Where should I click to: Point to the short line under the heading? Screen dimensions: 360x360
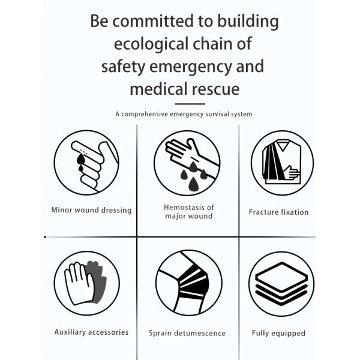point(184,104)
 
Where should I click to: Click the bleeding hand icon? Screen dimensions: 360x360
point(187,163)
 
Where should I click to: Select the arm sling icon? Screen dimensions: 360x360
point(282,163)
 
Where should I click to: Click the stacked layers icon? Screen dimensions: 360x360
point(282,283)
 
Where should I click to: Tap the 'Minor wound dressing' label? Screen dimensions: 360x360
point(91,211)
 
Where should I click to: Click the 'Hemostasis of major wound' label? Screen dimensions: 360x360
point(188,212)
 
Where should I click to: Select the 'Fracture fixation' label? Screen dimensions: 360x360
point(278,212)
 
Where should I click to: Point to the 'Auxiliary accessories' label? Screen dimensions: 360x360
point(91,332)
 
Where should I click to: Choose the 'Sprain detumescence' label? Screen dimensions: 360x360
point(187,333)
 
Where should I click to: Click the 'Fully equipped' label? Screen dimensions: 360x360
point(278,333)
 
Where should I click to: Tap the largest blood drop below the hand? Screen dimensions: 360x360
point(193,184)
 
